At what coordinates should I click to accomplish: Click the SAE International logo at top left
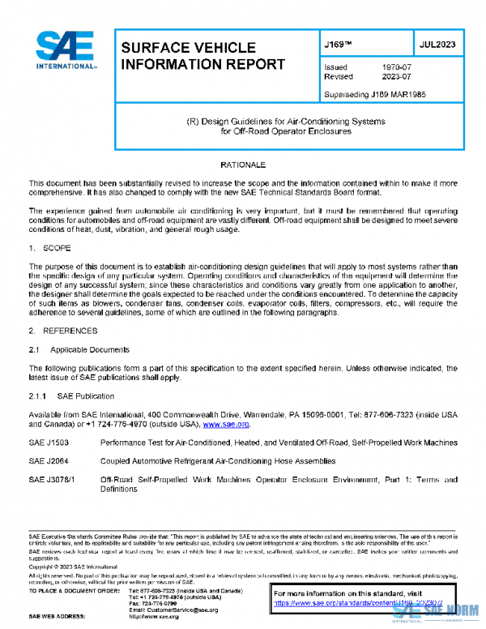click(x=66, y=50)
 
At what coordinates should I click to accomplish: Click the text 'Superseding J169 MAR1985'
click(x=375, y=95)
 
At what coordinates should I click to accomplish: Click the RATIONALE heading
click(x=243, y=165)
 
